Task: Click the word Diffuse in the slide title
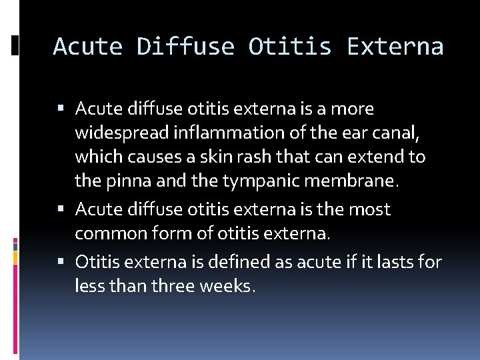click(185, 47)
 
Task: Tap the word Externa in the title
click(395, 47)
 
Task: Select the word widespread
click(122, 133)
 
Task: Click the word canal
click(397, 133)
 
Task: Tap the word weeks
click(228, 287)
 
